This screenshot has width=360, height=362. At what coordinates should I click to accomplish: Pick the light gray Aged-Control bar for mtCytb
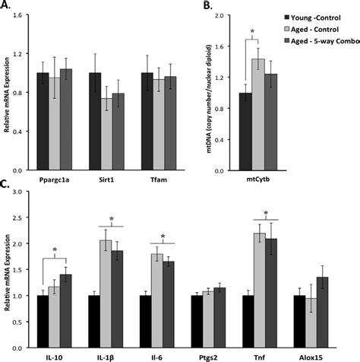tap(259, 113)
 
